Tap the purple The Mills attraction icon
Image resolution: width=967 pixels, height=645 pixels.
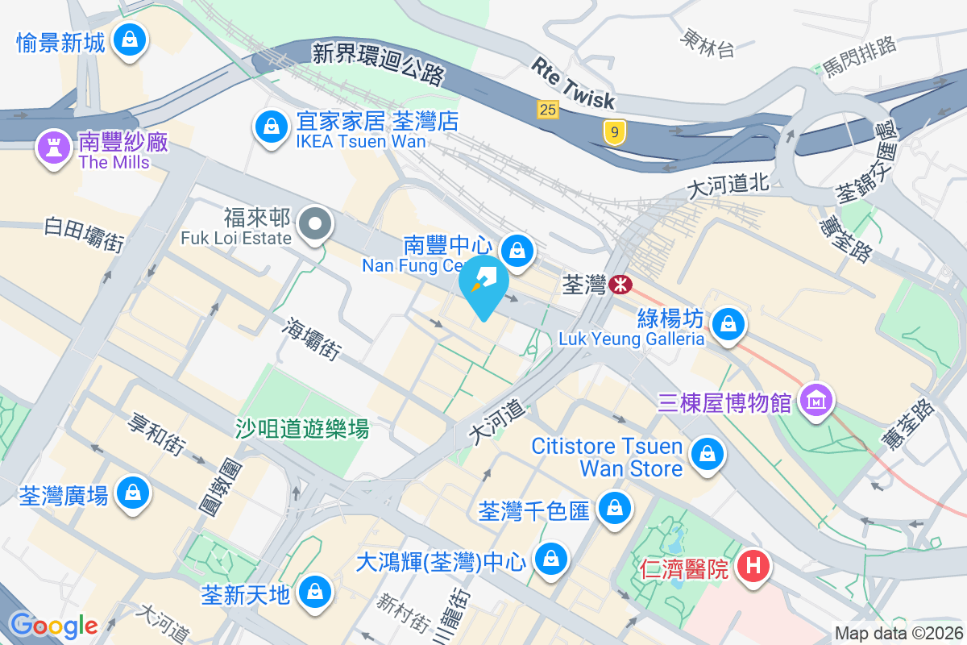[x=54, y=147]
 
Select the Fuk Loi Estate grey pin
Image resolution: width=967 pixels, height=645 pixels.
[x=315, y=223]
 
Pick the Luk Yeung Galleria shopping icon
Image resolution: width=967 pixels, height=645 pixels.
[x=728, y=325]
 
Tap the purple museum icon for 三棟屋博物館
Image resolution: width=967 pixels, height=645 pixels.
[x=816, y=399]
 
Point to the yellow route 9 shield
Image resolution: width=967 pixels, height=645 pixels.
[x=614, y=131]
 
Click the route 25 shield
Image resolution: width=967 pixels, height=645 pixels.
[x=548, y=109]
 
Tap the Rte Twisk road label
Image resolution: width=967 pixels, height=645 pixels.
[x=573, y=82]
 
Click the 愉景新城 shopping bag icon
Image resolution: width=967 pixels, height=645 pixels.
[x=128, y=38]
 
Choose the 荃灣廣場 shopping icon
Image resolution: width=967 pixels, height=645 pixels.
[x=132, y=493]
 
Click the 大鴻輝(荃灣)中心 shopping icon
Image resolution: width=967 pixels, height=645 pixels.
[x=551, y=558]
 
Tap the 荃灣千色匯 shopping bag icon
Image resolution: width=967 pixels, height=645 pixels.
[x=615, y=508]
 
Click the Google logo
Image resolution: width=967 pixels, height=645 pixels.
[x=53, y=624]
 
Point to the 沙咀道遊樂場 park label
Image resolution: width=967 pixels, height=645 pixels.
[x=302, y=428]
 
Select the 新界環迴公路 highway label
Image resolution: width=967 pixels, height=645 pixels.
[x=379, y=64]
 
